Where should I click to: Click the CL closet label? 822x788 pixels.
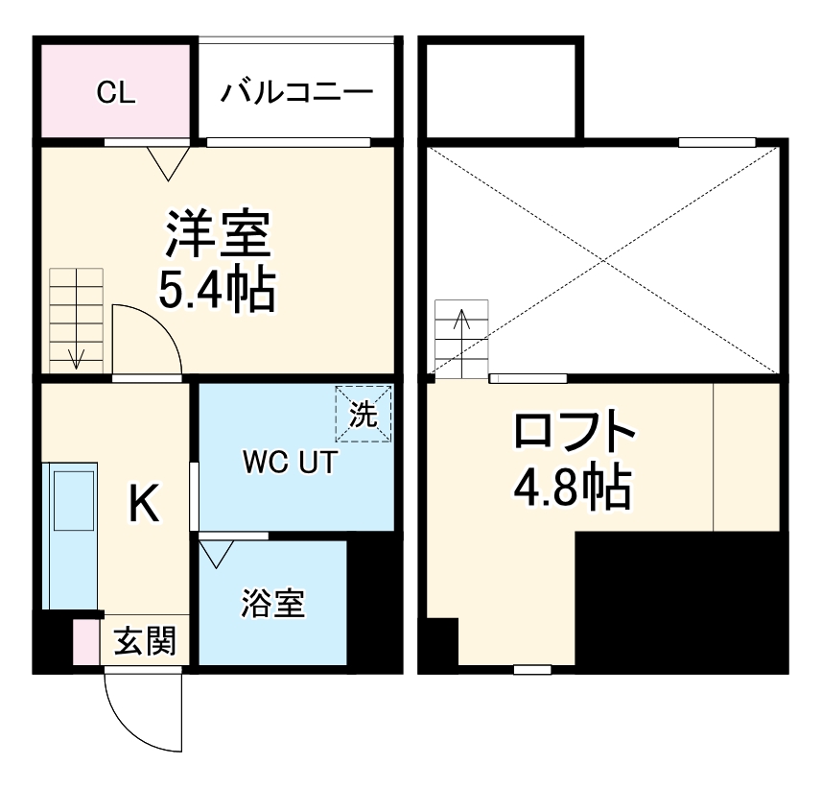(116, 93)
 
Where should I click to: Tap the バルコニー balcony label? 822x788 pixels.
(296, 93)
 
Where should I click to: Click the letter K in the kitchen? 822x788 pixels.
(144, 503)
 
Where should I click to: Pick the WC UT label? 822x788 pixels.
(289, 463)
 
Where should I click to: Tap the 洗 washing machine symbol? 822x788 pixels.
(364, 414)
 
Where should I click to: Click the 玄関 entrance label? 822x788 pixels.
(146, 641)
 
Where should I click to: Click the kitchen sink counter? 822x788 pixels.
(71, 535)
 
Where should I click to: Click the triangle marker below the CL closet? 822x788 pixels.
(169, 162)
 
